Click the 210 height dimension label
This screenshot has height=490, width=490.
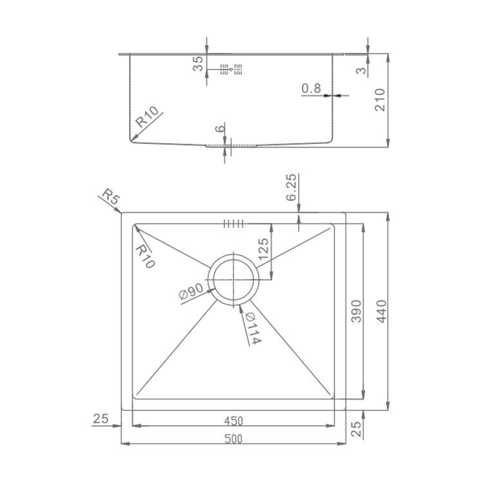click(380, 100)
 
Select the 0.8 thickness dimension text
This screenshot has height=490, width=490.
click(311, 88)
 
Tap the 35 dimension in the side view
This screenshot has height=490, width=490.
click(198, 64)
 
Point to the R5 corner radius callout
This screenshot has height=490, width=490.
click(111, 196)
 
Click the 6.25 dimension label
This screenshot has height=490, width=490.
click(291, 187)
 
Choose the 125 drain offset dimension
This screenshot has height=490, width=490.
click(263, 249)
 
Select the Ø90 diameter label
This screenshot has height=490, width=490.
click(191, 291)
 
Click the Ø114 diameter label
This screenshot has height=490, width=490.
click(253, 328)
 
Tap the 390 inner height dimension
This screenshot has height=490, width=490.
click(357, 311)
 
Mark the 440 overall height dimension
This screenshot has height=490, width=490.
click(382, 311)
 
